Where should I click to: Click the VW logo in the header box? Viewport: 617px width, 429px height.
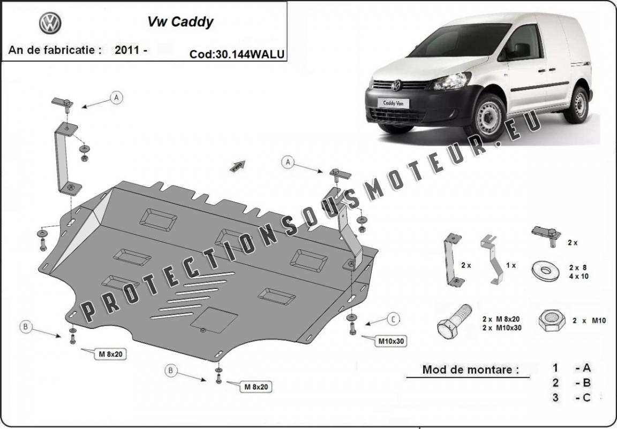click(50, 23)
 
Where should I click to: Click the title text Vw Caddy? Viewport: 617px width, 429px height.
click(180, 22)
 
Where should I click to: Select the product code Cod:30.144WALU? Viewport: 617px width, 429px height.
click(237, 54)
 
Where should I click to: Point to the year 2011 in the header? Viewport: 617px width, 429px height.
click(127, 50)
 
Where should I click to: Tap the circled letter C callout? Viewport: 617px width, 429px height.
click(393, 319)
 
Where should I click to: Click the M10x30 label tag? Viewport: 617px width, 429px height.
click(391, 341)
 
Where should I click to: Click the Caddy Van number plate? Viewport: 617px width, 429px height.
click(393, 103)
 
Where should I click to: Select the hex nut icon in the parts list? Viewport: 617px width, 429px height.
click(552, 320)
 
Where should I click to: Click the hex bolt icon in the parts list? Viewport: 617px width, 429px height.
click(454, 320)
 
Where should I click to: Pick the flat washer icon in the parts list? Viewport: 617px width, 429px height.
click(545, 271)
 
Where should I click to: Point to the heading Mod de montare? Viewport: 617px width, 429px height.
click(471, 370)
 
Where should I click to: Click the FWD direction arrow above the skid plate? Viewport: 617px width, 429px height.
click(237, 166)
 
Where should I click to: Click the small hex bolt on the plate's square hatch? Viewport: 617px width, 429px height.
click(202, 330)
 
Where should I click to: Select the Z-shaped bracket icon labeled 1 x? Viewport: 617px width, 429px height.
click(492, 259)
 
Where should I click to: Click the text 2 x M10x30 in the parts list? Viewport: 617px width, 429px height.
click(502, 328)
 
